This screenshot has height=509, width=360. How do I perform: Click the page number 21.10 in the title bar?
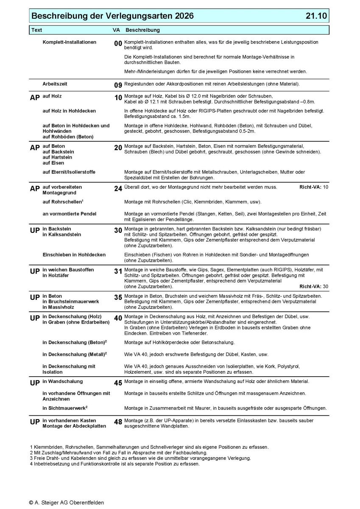(316, 16)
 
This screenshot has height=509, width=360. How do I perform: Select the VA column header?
(116, 31)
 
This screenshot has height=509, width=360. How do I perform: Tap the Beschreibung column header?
(142, 31)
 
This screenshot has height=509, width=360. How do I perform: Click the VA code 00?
(118, 44)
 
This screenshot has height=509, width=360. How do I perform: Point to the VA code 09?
(118, 85)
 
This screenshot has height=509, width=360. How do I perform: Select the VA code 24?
(118, 189)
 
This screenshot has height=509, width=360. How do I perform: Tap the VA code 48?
(118, 422)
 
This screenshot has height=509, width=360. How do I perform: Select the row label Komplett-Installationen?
(70, 42)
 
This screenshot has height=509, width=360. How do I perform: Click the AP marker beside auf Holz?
(35, 98)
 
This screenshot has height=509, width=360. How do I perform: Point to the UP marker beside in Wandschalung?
(35, 383)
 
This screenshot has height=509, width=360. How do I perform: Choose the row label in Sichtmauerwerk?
(65, 408)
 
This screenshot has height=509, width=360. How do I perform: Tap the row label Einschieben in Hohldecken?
(74, 255)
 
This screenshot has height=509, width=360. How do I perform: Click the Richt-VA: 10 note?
(314, 187)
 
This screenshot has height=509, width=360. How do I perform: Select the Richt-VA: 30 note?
(314, 286)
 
